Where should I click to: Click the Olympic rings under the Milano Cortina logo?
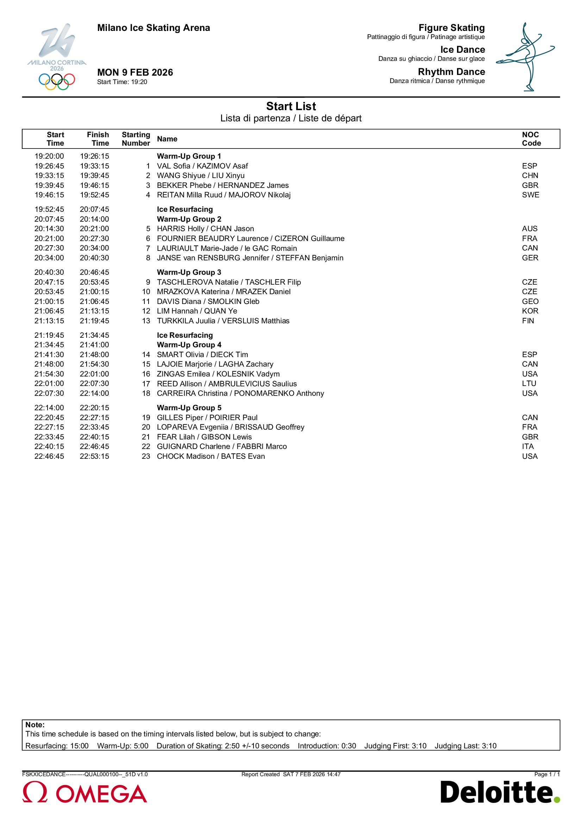57,81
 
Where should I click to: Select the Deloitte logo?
500,792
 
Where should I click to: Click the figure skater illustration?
525,57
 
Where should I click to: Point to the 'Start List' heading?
291,107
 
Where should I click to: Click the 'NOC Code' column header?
531,139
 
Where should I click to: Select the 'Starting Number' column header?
136,139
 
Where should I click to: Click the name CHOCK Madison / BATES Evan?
211,456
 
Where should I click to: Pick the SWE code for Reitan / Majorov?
530,195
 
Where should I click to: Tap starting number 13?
146,321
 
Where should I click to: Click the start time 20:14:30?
49,229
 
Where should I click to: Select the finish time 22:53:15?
94,456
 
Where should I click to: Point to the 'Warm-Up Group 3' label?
189,272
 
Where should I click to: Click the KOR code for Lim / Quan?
530,311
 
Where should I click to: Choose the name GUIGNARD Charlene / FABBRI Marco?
221,447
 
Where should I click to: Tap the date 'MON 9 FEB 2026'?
135,72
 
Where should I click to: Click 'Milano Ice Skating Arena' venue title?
154,28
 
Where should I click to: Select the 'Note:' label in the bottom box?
35,725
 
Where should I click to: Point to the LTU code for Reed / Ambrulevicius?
529,384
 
